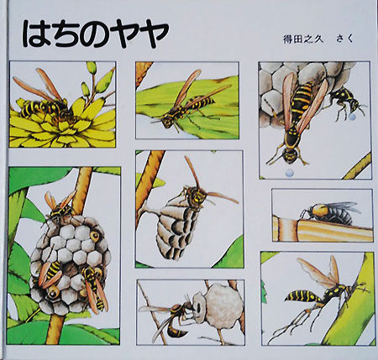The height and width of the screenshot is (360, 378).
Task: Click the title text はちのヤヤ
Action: [95, 34]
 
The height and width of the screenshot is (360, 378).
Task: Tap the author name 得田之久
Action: [303, 39]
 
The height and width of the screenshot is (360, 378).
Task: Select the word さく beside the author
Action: [344, 39]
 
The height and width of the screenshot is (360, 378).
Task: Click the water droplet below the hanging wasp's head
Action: [289, 173]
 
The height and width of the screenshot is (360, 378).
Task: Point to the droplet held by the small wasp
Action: [352, 117]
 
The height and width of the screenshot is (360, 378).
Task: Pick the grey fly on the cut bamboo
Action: [330, 213]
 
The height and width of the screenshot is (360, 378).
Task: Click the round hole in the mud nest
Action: [198, 308]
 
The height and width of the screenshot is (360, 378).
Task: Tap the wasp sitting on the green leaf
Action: [186, 102]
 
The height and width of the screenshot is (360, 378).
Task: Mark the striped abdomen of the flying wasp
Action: [302, 296]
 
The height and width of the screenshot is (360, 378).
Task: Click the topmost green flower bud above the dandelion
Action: [92, 67]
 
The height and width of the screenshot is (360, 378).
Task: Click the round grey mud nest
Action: [220, 304]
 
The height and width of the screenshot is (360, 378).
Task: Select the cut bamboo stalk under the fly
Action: [322, 230]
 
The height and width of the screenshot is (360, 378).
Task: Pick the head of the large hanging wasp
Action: [290, 156]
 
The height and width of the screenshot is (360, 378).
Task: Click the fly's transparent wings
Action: [343, 208]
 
